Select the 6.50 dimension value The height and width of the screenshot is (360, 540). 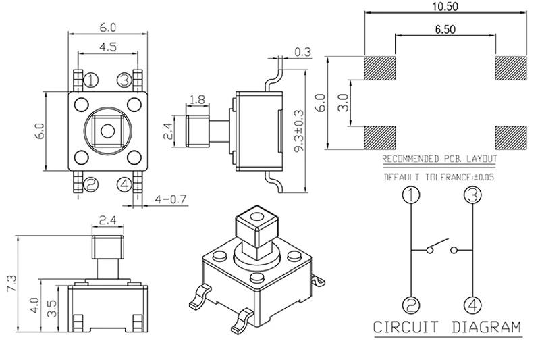446,30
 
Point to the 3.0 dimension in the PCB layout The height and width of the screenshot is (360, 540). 342,103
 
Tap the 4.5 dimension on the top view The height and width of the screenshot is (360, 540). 109,46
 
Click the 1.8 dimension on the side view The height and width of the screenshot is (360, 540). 197,100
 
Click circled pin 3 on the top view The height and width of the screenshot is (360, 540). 124,80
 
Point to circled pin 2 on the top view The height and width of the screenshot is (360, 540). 92,184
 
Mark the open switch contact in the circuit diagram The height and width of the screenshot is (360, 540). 440,246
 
